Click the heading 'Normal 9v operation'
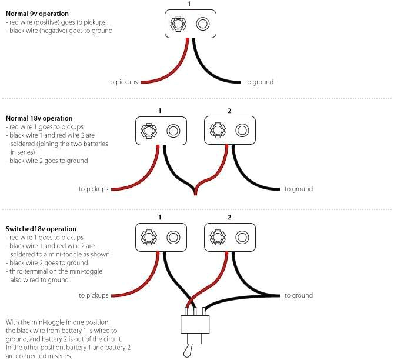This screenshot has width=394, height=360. [37, 14]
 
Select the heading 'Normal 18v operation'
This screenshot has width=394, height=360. [39, 118]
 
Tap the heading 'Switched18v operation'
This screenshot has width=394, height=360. [41, 229]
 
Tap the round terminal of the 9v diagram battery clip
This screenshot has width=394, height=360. [203, 24]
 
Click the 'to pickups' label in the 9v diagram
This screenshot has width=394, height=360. [122, 82]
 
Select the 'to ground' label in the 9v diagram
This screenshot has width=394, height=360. [259, 82]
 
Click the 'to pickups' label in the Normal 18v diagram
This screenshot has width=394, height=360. [94, 189]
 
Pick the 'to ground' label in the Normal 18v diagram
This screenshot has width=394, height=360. [299, 189]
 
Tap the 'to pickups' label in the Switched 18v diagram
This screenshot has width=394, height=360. [94, 295]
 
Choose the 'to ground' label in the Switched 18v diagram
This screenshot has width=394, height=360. [299, 295]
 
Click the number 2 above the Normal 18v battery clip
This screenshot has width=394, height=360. [229, 111]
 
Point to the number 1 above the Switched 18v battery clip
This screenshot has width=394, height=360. [160, 218]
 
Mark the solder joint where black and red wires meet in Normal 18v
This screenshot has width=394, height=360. [195, 191]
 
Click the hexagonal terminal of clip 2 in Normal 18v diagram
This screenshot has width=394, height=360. [218, 131]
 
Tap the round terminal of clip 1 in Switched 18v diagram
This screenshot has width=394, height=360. [173, 237]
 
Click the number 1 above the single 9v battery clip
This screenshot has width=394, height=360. [189, 4]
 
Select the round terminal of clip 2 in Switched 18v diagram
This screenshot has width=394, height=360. [242, 237]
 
